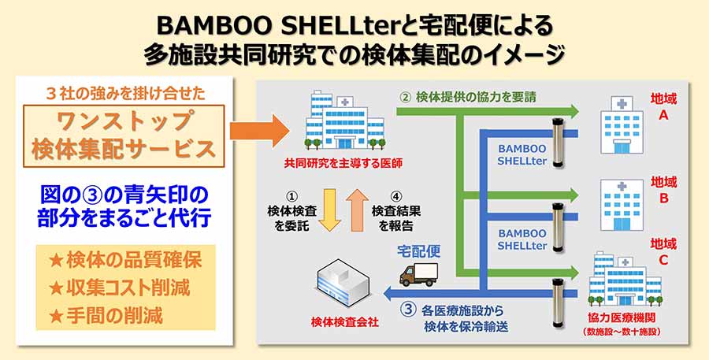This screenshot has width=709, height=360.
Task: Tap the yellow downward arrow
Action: [331, 212]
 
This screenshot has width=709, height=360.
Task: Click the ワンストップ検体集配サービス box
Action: [123, 135]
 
